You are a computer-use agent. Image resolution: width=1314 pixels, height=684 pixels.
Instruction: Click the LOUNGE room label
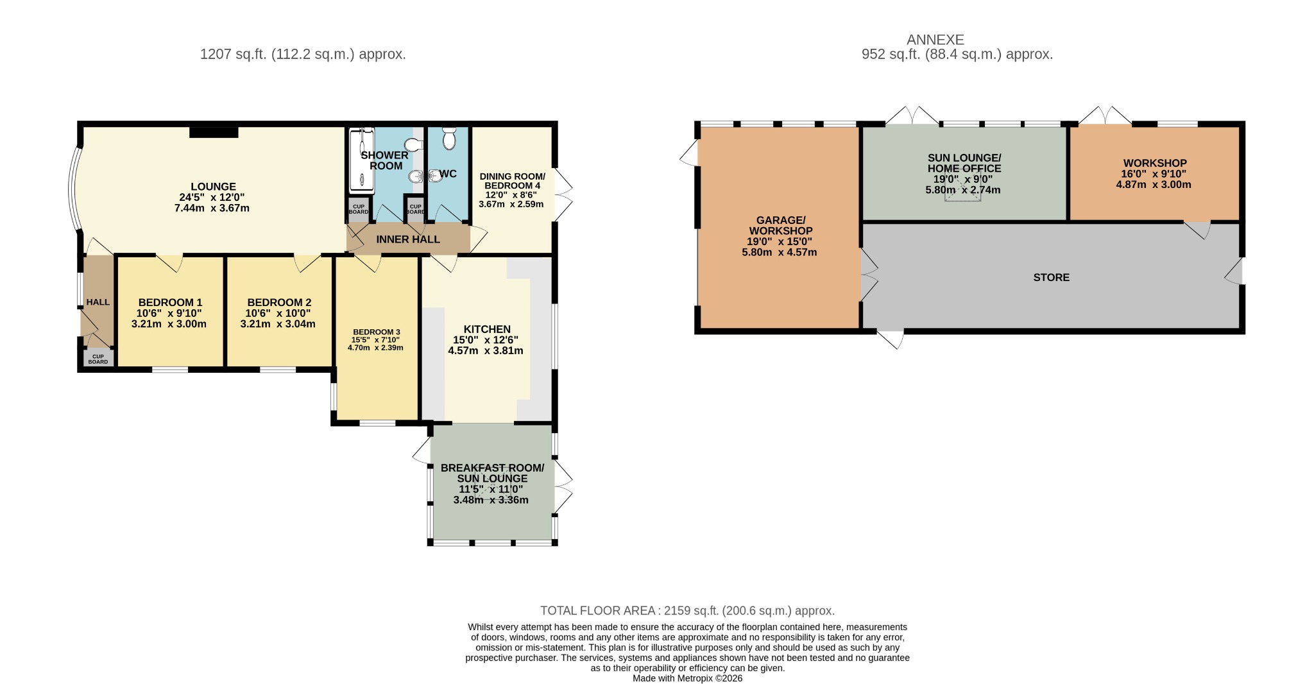click(213, 187)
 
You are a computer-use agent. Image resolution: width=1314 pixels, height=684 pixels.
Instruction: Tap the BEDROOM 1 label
click(170, 302)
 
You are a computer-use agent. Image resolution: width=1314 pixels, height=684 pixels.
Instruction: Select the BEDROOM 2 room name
click(279, 302)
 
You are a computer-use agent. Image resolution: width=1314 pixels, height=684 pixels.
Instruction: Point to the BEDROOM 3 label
click(376, 332)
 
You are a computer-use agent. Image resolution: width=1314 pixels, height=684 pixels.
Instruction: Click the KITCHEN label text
click(487, 329)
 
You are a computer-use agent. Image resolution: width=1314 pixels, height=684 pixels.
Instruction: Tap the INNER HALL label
click(408, 239)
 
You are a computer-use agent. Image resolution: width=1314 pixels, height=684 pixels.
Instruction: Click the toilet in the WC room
click(449, 138)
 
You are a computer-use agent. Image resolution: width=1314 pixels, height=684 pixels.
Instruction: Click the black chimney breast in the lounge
click(214, 132)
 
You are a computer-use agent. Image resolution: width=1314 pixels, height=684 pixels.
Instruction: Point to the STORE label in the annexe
click(1052, 277)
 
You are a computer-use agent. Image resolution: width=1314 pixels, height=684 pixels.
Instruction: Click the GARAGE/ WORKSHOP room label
click(781, 225)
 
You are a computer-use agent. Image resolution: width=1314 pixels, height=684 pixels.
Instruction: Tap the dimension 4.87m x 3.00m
click(1154, 185)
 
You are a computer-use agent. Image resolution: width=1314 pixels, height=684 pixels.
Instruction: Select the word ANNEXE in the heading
click(935, 40)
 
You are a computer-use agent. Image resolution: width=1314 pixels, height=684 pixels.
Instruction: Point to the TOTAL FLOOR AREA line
click(687, 611)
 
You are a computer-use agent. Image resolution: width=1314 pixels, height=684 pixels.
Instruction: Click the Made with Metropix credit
click(687, 678)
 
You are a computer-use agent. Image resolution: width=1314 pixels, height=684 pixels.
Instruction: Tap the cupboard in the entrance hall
click(98, 358)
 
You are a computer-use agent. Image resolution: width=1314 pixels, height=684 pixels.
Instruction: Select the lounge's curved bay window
click(74, 188)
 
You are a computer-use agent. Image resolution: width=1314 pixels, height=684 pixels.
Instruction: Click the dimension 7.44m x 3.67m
click(212, 208)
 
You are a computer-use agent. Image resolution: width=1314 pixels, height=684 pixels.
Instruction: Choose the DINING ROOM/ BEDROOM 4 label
click(512, 181)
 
